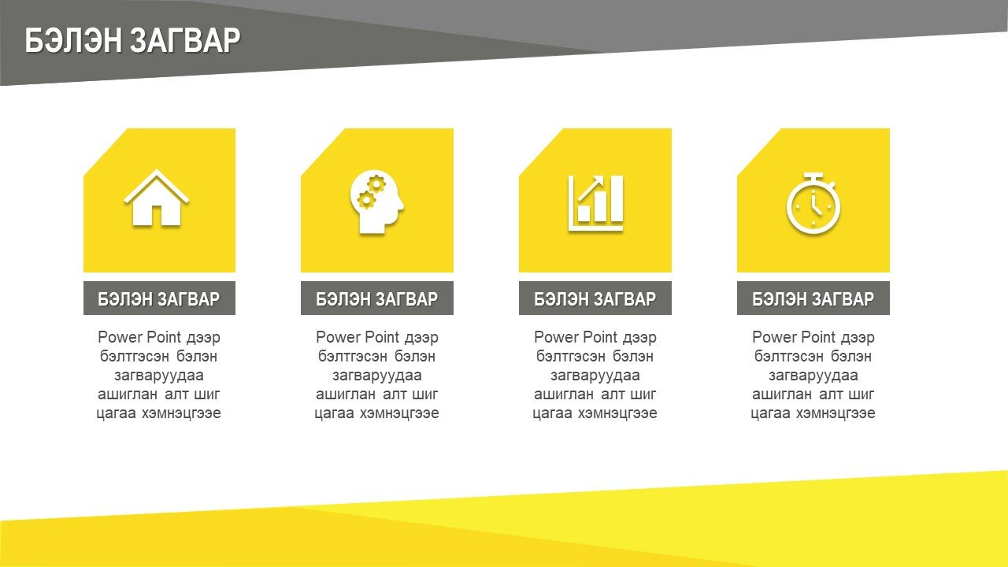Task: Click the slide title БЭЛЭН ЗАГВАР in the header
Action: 132,40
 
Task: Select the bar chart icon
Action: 596,203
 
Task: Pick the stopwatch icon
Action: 813,203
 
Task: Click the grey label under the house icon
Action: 159,298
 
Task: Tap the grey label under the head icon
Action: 377,298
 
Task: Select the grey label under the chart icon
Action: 595,298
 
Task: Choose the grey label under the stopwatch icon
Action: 813,298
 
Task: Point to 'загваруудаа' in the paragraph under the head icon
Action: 377,376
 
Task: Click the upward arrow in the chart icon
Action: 591,188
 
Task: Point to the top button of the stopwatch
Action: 813,176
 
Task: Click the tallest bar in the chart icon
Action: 617,198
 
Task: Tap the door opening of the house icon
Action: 157,216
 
